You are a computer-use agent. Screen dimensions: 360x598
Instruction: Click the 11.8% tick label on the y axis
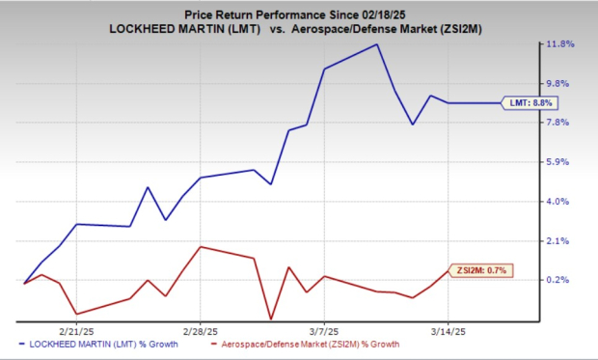pos(561,44)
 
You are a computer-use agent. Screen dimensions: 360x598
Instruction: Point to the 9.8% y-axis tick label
pos(561,83)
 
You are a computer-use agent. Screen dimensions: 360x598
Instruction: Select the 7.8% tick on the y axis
pos(561,123)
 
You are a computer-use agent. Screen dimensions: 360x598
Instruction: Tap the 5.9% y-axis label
pos(561,162)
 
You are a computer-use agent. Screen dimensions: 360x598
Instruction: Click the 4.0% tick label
pos(561,202)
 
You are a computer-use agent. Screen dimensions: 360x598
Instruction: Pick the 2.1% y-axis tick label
pos(561,241)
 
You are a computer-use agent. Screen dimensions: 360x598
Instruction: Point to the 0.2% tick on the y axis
pos(561,280)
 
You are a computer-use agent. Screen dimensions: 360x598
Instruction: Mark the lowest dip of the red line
pos(271,318)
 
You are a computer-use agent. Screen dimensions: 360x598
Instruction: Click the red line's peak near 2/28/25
pos(200,246)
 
